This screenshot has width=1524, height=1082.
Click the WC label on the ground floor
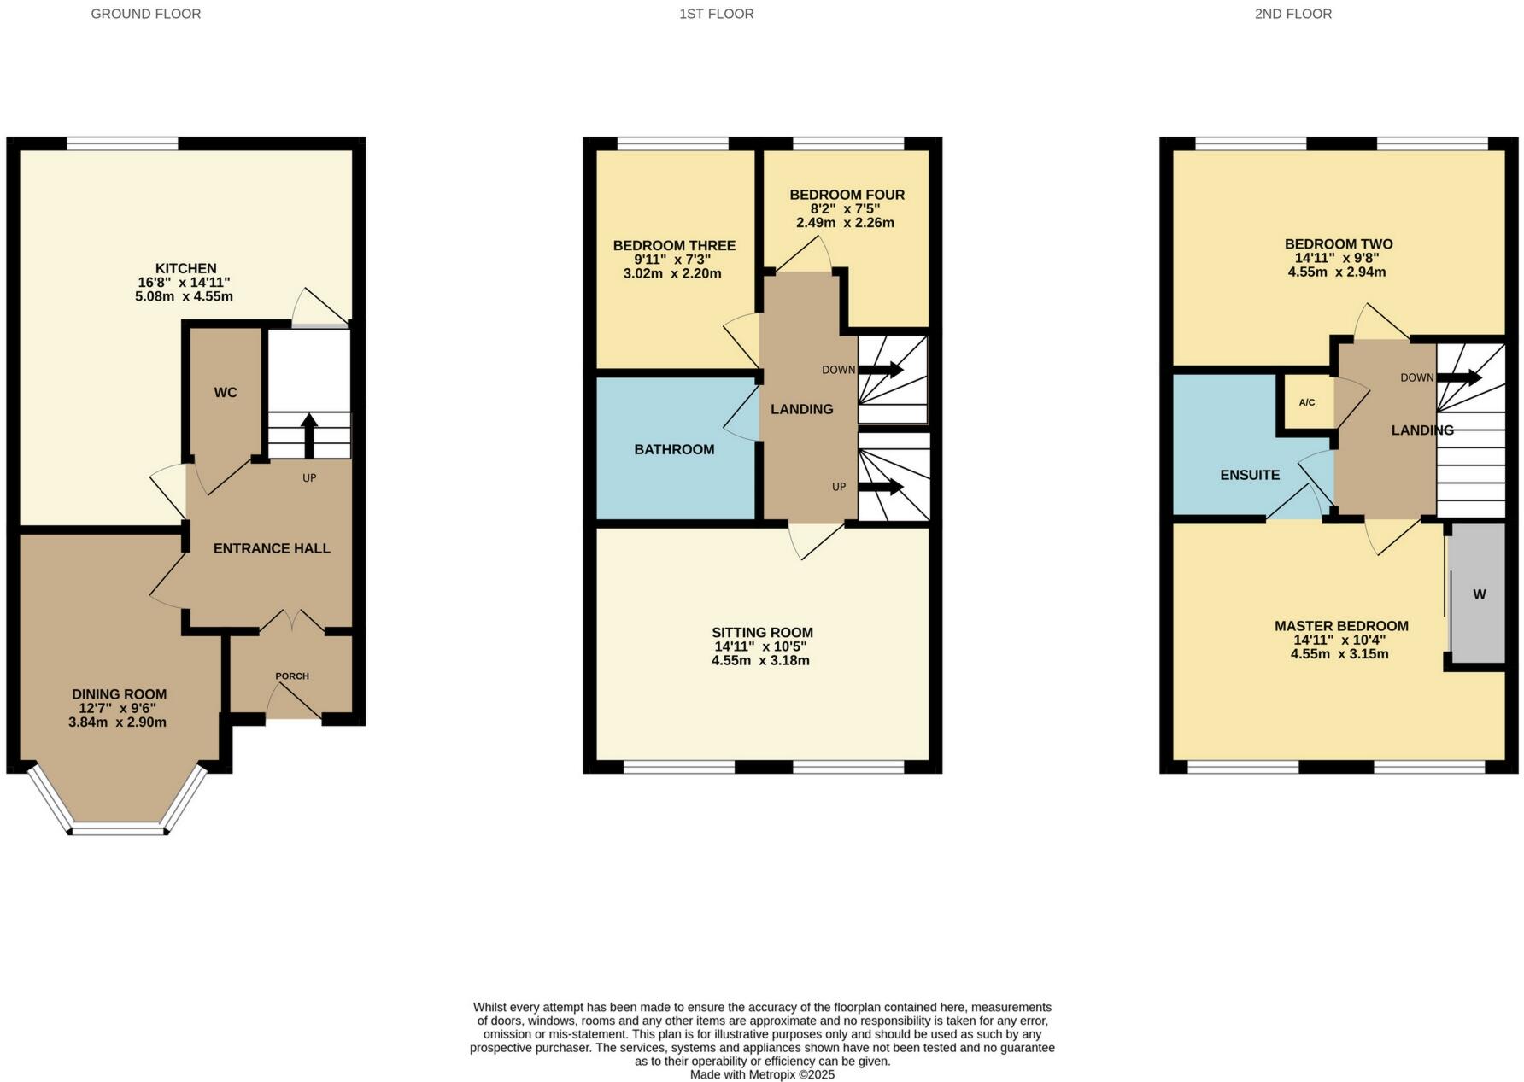226,393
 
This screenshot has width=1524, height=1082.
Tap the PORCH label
292,676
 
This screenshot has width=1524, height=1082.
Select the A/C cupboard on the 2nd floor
1307,402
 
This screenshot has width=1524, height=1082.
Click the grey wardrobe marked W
1478,594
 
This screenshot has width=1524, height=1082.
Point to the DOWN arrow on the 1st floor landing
881,370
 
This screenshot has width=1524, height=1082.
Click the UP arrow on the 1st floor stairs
881,487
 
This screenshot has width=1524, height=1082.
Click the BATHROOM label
674,449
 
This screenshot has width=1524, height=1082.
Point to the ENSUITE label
1250,475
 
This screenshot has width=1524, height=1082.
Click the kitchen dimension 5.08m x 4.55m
184,297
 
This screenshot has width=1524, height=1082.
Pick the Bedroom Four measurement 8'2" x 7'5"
845,208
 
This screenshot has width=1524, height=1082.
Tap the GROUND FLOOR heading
146,14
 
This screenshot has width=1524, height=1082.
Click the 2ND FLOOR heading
1292,14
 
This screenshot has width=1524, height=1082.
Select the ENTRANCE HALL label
272,548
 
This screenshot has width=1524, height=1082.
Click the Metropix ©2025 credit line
762,1074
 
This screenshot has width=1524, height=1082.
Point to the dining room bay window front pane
119,828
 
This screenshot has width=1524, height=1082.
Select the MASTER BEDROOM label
1341,626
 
